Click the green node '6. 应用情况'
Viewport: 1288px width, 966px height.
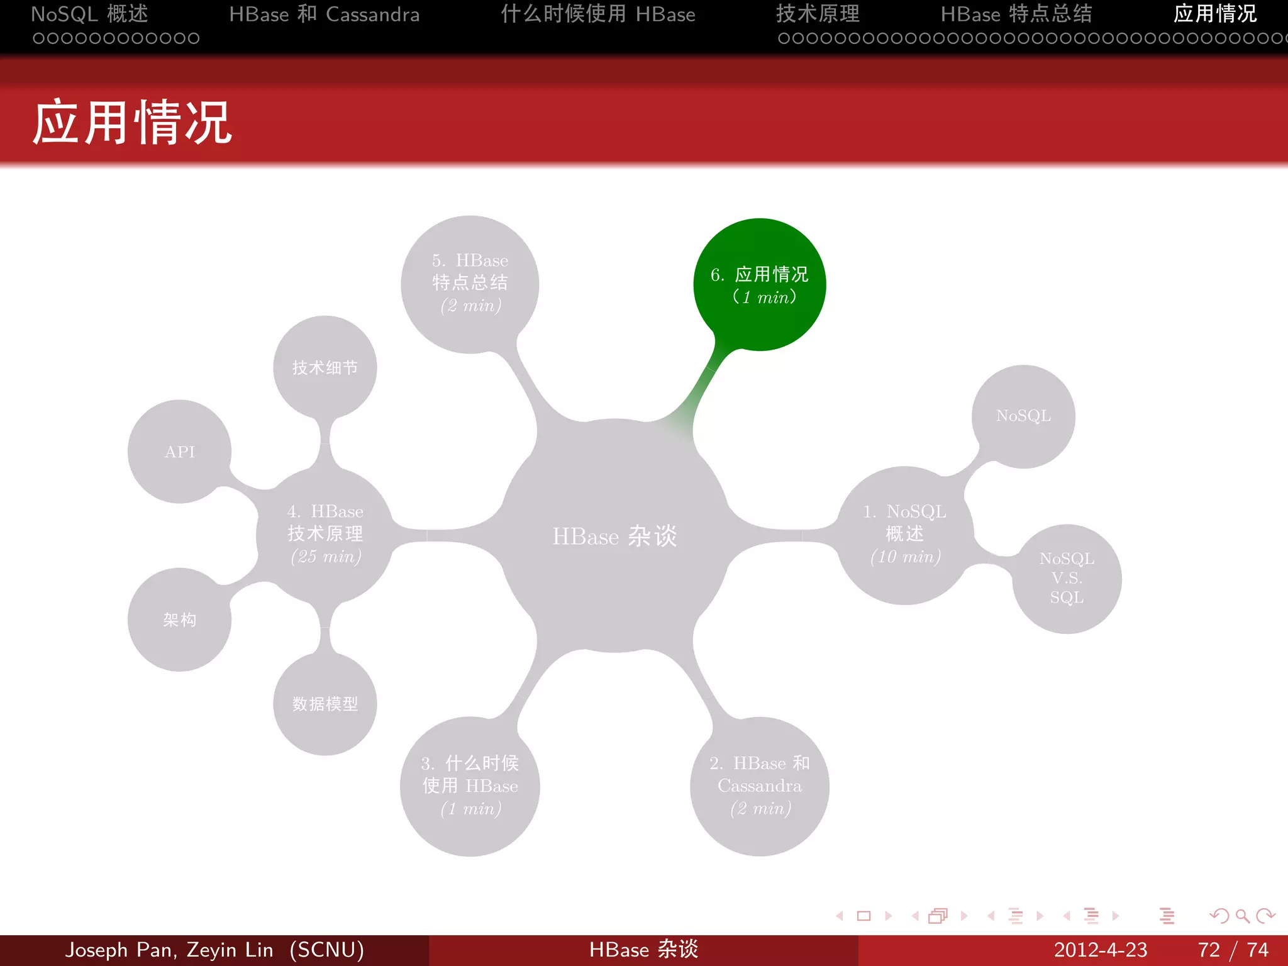point(759,284)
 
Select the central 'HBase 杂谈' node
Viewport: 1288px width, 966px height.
point(614,536)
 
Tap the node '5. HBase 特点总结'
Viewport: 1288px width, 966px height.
point(470,284)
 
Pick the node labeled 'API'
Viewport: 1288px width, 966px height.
point(180,452)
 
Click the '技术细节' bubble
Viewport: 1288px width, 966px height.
point(325,367)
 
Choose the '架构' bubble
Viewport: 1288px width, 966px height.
point(180,620)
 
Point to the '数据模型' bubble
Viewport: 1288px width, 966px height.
point(325,704)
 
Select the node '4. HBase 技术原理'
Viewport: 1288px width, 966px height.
point(325,535)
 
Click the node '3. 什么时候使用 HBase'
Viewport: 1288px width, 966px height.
point(470,786)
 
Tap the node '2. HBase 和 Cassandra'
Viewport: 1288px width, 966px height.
point(759,786)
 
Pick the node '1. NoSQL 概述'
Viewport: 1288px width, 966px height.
point(904,535)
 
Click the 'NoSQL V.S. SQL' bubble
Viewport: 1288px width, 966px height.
point(1067,578)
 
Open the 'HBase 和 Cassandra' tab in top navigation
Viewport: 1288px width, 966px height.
point(324,14)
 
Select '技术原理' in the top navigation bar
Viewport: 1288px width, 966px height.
point(818,14)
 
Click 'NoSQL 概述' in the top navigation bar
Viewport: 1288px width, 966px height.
point(89,14)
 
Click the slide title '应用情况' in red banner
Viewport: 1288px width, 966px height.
point(132,123)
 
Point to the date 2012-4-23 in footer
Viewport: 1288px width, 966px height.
point(1100,950)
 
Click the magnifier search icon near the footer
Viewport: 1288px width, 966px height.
point(1242,916)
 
